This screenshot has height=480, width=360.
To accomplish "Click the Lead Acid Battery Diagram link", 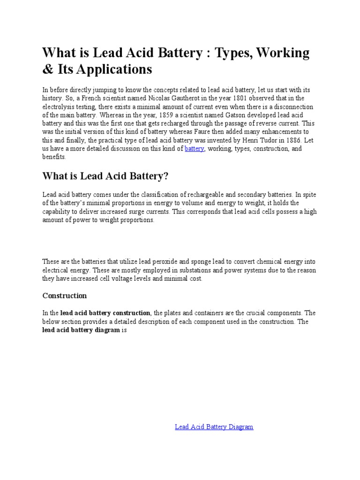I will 214,427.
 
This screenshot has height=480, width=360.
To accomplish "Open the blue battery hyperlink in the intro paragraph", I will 195,149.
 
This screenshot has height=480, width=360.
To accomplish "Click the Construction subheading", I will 65,296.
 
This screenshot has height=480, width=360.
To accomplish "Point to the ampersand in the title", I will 47,69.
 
